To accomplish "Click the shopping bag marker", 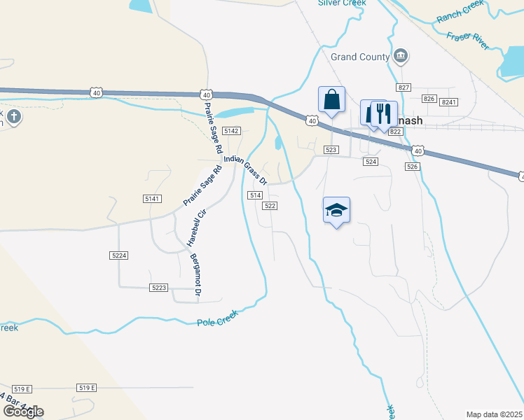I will point(331,101).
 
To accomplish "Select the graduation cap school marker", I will point(336,210).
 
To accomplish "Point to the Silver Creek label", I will point(342,3).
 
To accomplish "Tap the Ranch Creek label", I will point(460,12).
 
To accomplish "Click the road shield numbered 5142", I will point(231,131).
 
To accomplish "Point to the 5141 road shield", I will point(152,199).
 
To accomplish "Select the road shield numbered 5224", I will point(119,256).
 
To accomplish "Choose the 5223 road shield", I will point(159,288).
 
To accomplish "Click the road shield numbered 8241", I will point(449,102).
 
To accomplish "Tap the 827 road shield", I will point(403,87).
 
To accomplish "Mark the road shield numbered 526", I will point(412,166).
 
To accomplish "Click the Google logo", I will point(22,411).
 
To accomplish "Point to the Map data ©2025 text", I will point(494,414).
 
